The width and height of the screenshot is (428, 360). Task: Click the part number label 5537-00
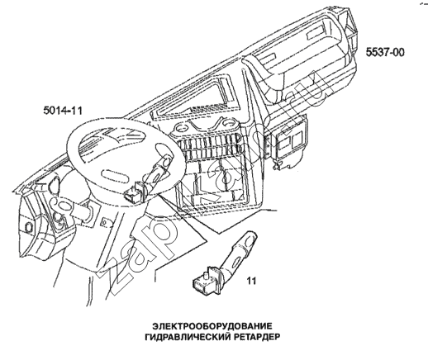pyautogui.click(x=385, y=52)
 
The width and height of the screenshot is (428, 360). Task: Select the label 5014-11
pyautogui.click(x=63, y=111)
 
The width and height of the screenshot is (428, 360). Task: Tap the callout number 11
pyautogui.click(x=251, y=281)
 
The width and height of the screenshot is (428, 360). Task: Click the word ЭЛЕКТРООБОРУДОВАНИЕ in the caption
pyautogui.click(x=212, y=326)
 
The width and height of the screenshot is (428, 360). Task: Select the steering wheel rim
pyautogui.click(x=72, y=154)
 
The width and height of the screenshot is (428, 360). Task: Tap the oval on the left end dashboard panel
pyautogui.click(x=28, y=227)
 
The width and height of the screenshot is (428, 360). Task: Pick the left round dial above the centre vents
pyautogui.click(x=181, y=129)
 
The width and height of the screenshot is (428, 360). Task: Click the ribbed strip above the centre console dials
pyautogui.click(x=209, y=109)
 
